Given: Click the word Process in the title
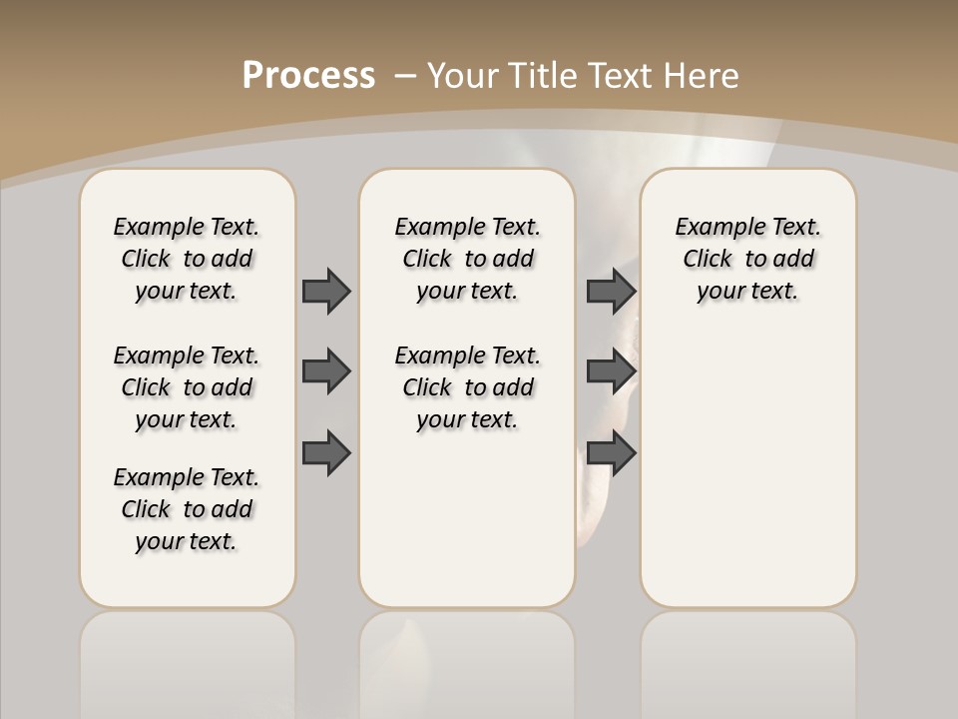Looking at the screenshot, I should point(308,75).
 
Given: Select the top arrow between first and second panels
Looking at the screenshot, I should point(326,291).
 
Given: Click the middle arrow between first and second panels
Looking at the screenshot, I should point(326,372).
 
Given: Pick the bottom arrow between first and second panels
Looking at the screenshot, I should point(326,453).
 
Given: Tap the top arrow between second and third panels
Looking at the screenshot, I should point(611,291).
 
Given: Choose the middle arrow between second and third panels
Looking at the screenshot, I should point(611,372).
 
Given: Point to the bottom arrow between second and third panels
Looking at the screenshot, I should point(611,453).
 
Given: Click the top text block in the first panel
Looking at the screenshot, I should point(187,259).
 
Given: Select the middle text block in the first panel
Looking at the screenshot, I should point(187,387).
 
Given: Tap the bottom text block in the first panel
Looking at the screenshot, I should point(187,509).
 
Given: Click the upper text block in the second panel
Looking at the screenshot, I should point(467,259).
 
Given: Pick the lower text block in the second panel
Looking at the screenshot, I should point(467,387).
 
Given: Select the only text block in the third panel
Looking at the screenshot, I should point(747,259).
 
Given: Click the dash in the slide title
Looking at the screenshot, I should point(405,75).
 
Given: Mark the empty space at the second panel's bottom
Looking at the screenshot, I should point(467,529).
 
